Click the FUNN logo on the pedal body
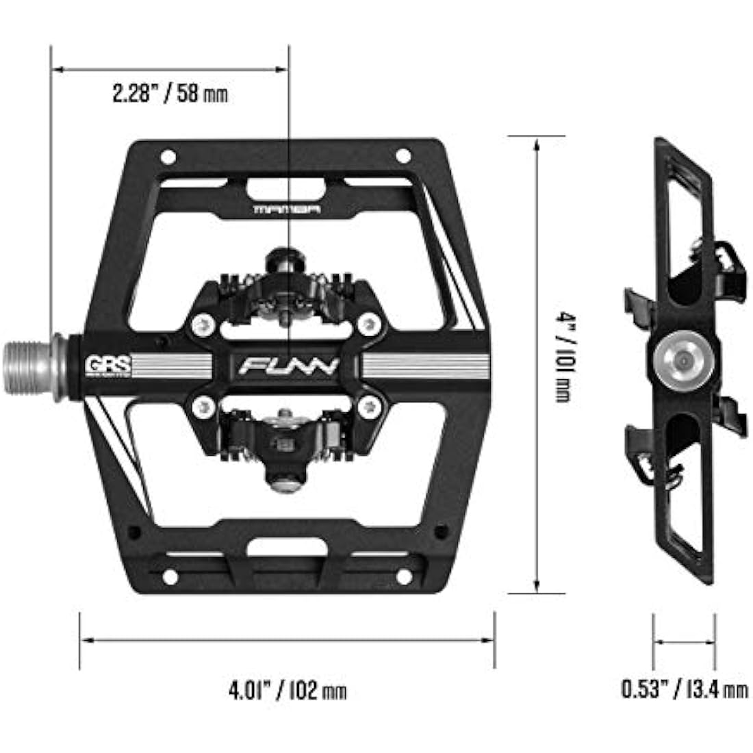pos(289,366)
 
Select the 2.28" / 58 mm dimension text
pos(170,94)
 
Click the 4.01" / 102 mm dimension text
pos(288,689)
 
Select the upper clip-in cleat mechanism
pos(288,288)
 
